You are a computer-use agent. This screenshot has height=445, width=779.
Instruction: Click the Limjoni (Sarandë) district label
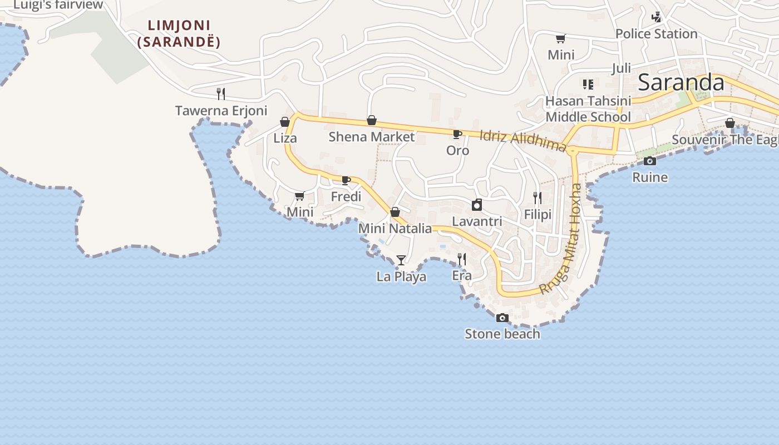[x=179, y=33]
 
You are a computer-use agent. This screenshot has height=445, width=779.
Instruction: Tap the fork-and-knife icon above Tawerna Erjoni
[x=221, y=93]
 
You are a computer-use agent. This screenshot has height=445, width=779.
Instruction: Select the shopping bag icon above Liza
[x=285, y=122]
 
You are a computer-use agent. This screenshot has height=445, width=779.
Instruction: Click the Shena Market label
[x=371, y=137]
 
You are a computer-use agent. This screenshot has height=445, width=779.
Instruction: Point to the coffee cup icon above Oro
[x=457, y=134]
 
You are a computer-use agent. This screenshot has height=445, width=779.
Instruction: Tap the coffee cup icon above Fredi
[x=346, y=180]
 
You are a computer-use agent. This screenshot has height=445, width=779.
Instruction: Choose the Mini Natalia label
[x=395, y=229]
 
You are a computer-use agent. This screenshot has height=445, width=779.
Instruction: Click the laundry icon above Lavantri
[x=477, y=205]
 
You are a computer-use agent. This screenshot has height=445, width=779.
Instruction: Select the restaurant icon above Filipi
[x=537, y=197]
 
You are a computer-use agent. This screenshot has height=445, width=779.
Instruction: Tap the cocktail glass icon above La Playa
[x=401, y=260]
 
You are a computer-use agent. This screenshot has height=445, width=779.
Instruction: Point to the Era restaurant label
[x=461, y=275]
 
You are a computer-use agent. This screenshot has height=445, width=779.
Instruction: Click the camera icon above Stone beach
[x=502, y=318]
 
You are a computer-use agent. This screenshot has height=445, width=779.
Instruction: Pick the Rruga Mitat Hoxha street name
[x=562, y=239]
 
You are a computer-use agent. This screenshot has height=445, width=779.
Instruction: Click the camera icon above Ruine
[x=649, y=161]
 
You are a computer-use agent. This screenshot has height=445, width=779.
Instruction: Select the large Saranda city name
[x=681, y=83]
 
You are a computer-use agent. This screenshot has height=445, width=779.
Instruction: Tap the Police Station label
[x=656, y=34]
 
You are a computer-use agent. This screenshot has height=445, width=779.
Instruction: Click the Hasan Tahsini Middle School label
[x=588, y=109]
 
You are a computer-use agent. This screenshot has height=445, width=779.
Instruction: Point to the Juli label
[x=621, y=68]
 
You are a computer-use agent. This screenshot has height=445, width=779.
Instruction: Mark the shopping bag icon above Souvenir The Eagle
[x=729, y=123]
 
